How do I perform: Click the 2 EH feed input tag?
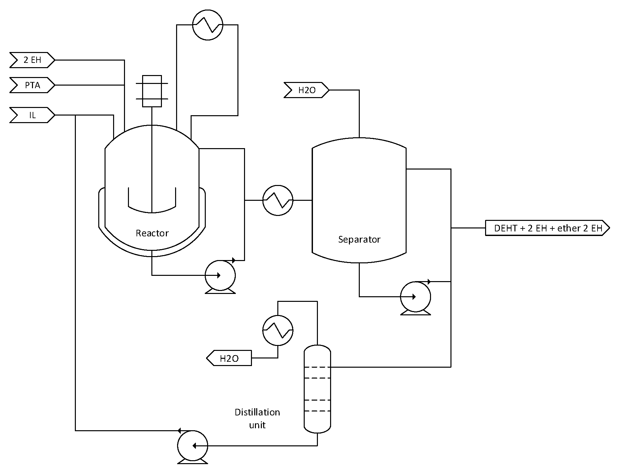pyautogui.click(x=32, y=60)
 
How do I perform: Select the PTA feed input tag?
pyautogui.click(x=32, y=85)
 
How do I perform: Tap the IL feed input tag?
pyautogui.click(x=32, y=115)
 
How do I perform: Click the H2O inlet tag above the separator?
pyautogui.click(x=306, y=90)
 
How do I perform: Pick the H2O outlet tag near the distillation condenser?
pyautogui.click(x=229, y=358)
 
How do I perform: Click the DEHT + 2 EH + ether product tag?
pyautogui.click(x=547, y=228)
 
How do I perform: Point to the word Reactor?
pyautogui.click(x=152, y=233)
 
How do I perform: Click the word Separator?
pyautogui.click(x=359, y=239)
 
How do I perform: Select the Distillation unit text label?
pyautogui.click(x=257, y=418)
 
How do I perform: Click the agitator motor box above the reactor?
pyautogui.click(x=152, y=91)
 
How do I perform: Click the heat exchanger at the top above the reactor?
pyautogui.click(x=208, y=25)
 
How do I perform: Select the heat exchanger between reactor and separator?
pyautogui.click(x=278, y=200)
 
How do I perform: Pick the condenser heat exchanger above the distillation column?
pyautogui.click(x=278, y=330)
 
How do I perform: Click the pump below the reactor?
pyautogui.click(x=220, y=276)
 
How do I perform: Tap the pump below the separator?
pyautogui.click(x=415, y=297)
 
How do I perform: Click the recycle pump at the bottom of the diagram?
pyautogui.click(x=193, y=446)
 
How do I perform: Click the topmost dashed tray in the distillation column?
pyautogui.click(x=317, y=367)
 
